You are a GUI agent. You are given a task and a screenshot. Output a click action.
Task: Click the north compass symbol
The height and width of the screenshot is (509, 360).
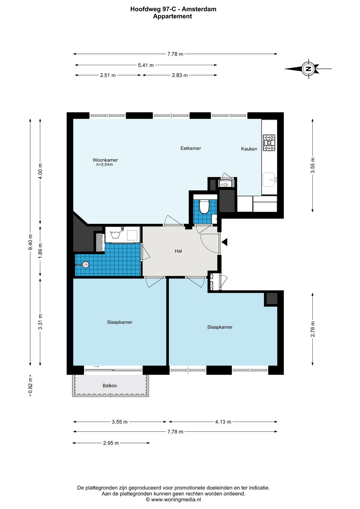tap(308, 69)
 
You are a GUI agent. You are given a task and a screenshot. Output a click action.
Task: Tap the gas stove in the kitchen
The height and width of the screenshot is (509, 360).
tap(269, 143)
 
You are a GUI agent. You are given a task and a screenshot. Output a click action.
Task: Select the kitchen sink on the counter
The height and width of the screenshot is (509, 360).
tap(269, 180)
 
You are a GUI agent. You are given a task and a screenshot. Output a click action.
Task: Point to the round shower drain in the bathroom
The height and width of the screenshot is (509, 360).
tap(85, 265)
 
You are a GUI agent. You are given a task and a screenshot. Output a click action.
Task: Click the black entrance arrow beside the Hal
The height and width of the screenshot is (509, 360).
tap(225, 242)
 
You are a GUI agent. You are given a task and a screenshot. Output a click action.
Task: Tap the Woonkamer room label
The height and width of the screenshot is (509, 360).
tap(105, 160)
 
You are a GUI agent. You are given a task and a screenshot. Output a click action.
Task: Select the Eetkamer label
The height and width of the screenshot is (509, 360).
tap(191, 148)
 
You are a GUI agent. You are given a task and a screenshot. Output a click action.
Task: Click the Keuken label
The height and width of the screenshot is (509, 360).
tap(249, 149)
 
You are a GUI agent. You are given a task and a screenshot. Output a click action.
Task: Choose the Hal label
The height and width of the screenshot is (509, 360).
tap(178, 251)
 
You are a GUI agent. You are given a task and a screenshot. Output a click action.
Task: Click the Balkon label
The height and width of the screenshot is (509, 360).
tap(110, 385)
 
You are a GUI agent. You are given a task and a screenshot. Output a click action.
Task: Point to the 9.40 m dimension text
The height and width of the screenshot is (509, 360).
tap(30, 242)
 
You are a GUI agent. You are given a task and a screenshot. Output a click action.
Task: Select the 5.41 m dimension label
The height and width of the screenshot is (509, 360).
tap(146, 65)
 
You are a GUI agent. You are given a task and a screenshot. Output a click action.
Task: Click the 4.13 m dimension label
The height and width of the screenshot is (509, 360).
tap(223, 422)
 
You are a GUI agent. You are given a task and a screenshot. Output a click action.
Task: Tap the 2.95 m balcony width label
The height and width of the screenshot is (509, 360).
tap(111, 443)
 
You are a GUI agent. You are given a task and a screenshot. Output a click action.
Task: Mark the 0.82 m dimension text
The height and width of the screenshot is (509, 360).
tap(30, 386)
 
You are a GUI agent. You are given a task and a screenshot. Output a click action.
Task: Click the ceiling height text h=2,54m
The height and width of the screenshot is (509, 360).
tap(104, 165)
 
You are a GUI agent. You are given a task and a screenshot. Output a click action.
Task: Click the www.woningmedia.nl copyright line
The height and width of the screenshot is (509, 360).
tap(173, 499)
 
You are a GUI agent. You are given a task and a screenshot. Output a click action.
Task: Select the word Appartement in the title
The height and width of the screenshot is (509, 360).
tap(173, 16)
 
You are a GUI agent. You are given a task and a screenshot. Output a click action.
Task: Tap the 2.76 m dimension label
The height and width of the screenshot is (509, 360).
tap(313, 329)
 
